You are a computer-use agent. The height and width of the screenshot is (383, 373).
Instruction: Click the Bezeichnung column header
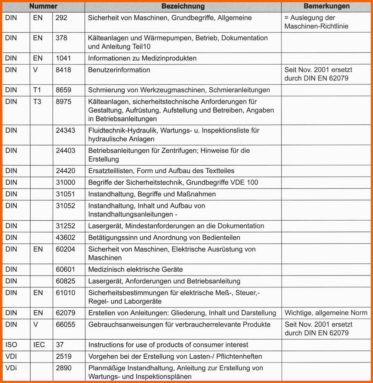(183, 6)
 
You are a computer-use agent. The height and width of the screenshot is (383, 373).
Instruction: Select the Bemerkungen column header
(326, 6)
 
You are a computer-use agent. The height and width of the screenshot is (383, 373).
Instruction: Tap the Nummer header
(43, 6)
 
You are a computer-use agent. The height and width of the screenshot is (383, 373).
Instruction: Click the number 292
(61, 18)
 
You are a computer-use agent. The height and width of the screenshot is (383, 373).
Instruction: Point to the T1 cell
(37, 90)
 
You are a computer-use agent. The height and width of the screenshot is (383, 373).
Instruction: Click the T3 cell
(37, 102)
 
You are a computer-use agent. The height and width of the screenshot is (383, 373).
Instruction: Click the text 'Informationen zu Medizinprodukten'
(142, 58)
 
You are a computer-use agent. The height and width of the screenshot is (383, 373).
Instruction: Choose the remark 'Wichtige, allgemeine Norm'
(326, 313)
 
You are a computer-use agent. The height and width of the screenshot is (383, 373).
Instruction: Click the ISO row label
(11, 345)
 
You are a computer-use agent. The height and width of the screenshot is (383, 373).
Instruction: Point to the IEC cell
(39, 345)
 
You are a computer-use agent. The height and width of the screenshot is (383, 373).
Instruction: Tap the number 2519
(63, 356)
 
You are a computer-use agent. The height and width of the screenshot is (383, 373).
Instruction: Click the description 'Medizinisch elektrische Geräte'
(135, 270)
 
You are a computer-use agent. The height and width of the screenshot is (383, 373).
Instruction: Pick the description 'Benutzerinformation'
(119, 70)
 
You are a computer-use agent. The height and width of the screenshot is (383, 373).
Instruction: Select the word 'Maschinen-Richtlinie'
(316, 27)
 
